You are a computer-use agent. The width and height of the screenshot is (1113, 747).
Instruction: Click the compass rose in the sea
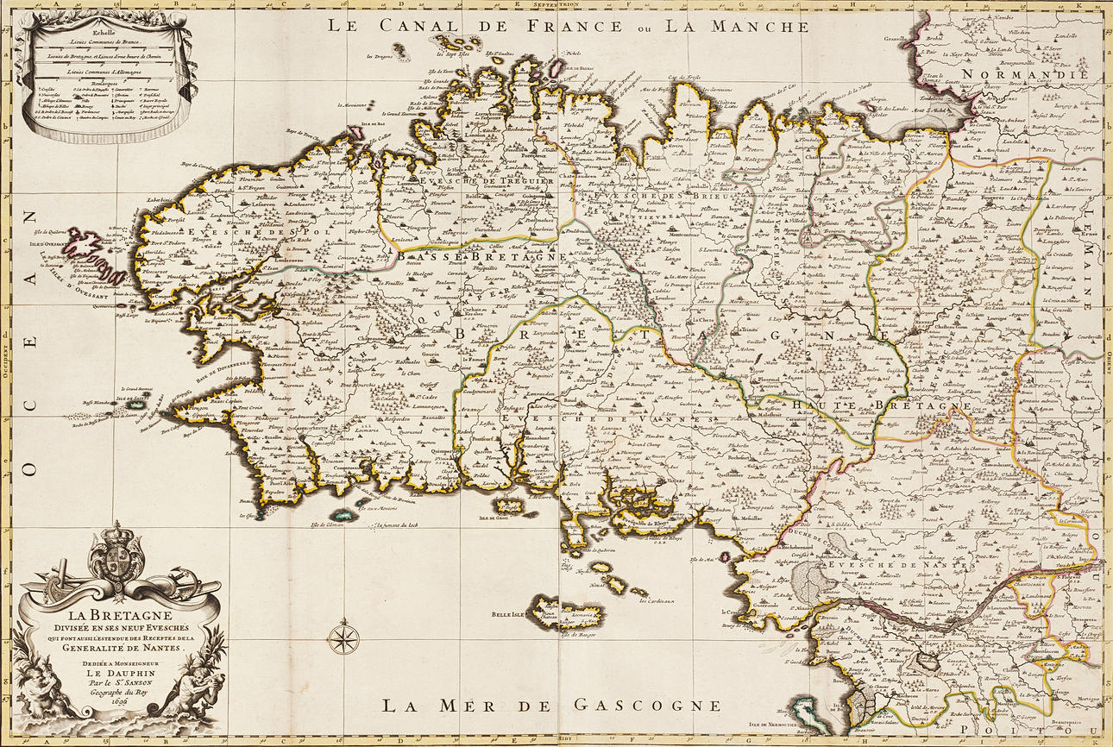point(345,638)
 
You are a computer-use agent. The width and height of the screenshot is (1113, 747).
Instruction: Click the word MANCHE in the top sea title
point(759,25)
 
